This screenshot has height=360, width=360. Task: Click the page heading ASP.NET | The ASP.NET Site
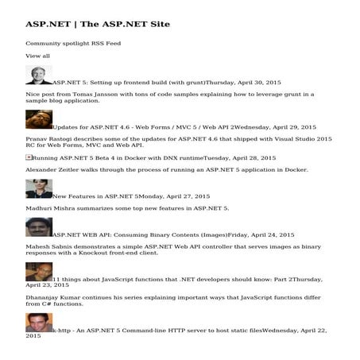pyautogui.click(x=97, y=24)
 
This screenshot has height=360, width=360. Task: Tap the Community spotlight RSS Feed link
pyautogui.click(x=73, y=43)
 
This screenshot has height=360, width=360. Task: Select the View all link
pyautogui.click(x=37, y=56)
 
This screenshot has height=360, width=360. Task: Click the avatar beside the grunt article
pyautogui.click(x=39, y=75)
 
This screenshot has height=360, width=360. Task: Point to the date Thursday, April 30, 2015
pyautogui.click(x=243, y=82)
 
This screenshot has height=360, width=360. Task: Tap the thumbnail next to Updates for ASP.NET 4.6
pyautogui.click(x=39, y=120)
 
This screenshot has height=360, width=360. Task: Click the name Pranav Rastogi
pyautogui.click(x=52, y=138)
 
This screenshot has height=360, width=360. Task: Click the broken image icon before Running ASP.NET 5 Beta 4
pyautogui.click(x=29, y=157)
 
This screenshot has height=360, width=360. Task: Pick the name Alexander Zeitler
pyautogui.click(x=52, y=170)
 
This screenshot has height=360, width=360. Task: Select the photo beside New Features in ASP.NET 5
pyautogui.click(x=39, y=189)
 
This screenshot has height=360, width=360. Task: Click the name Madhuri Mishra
pyautogui.click(x=49, y=208)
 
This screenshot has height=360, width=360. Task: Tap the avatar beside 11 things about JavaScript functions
pyautogui.click(x=39, y=273)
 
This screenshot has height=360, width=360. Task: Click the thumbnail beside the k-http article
pyautogui.click(x=39, y=323)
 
